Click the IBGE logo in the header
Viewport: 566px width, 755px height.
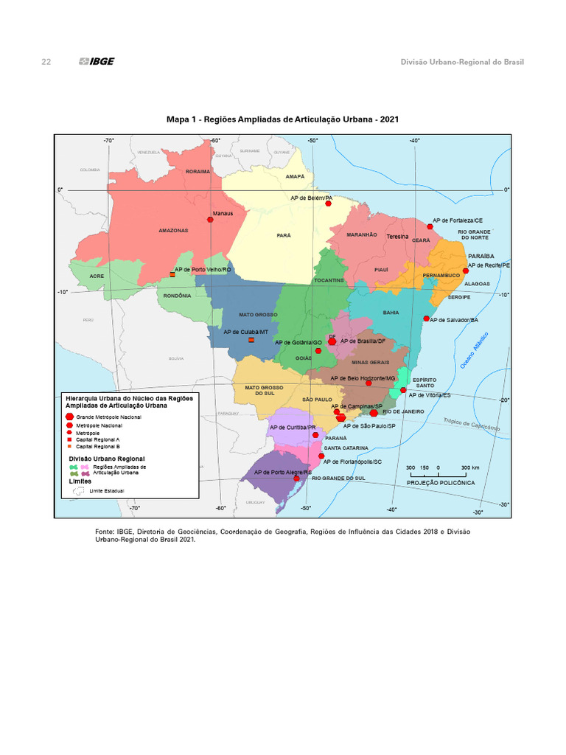96,62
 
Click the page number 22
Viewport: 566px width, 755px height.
46,62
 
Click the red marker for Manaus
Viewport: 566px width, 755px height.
211,219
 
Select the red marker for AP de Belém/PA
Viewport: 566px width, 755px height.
328,204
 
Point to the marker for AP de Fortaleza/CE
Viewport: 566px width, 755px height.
430,226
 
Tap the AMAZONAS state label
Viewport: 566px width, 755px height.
174,231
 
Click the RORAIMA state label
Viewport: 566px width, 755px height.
198,171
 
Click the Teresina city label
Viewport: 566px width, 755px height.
396,237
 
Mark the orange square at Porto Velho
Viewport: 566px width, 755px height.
172,274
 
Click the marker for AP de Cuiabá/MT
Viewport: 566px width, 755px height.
251,340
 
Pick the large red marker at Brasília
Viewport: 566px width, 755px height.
332,341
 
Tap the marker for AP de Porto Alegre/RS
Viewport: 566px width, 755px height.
297,479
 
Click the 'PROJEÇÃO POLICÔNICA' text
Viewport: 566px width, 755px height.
441,482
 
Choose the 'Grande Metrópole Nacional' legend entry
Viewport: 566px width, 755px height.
108,417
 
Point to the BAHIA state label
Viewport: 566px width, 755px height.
391,313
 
